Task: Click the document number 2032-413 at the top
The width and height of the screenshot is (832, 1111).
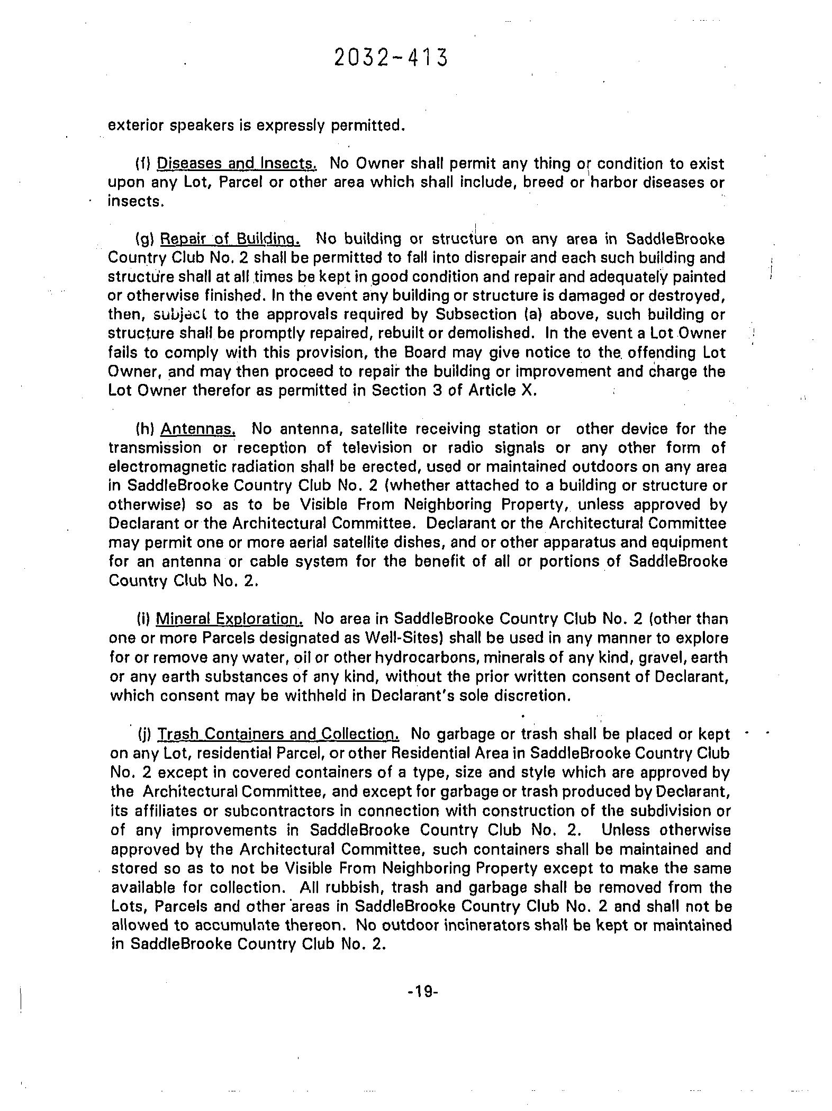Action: point(391,58)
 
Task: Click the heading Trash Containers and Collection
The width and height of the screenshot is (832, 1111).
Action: point(278,734)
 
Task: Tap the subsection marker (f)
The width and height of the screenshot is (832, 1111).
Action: point(143,163)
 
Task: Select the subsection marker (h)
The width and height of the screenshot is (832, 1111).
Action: point(144,428)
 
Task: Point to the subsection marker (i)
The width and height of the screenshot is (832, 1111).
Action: point(143,619)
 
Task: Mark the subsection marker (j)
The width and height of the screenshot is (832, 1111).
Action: point(144,735)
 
